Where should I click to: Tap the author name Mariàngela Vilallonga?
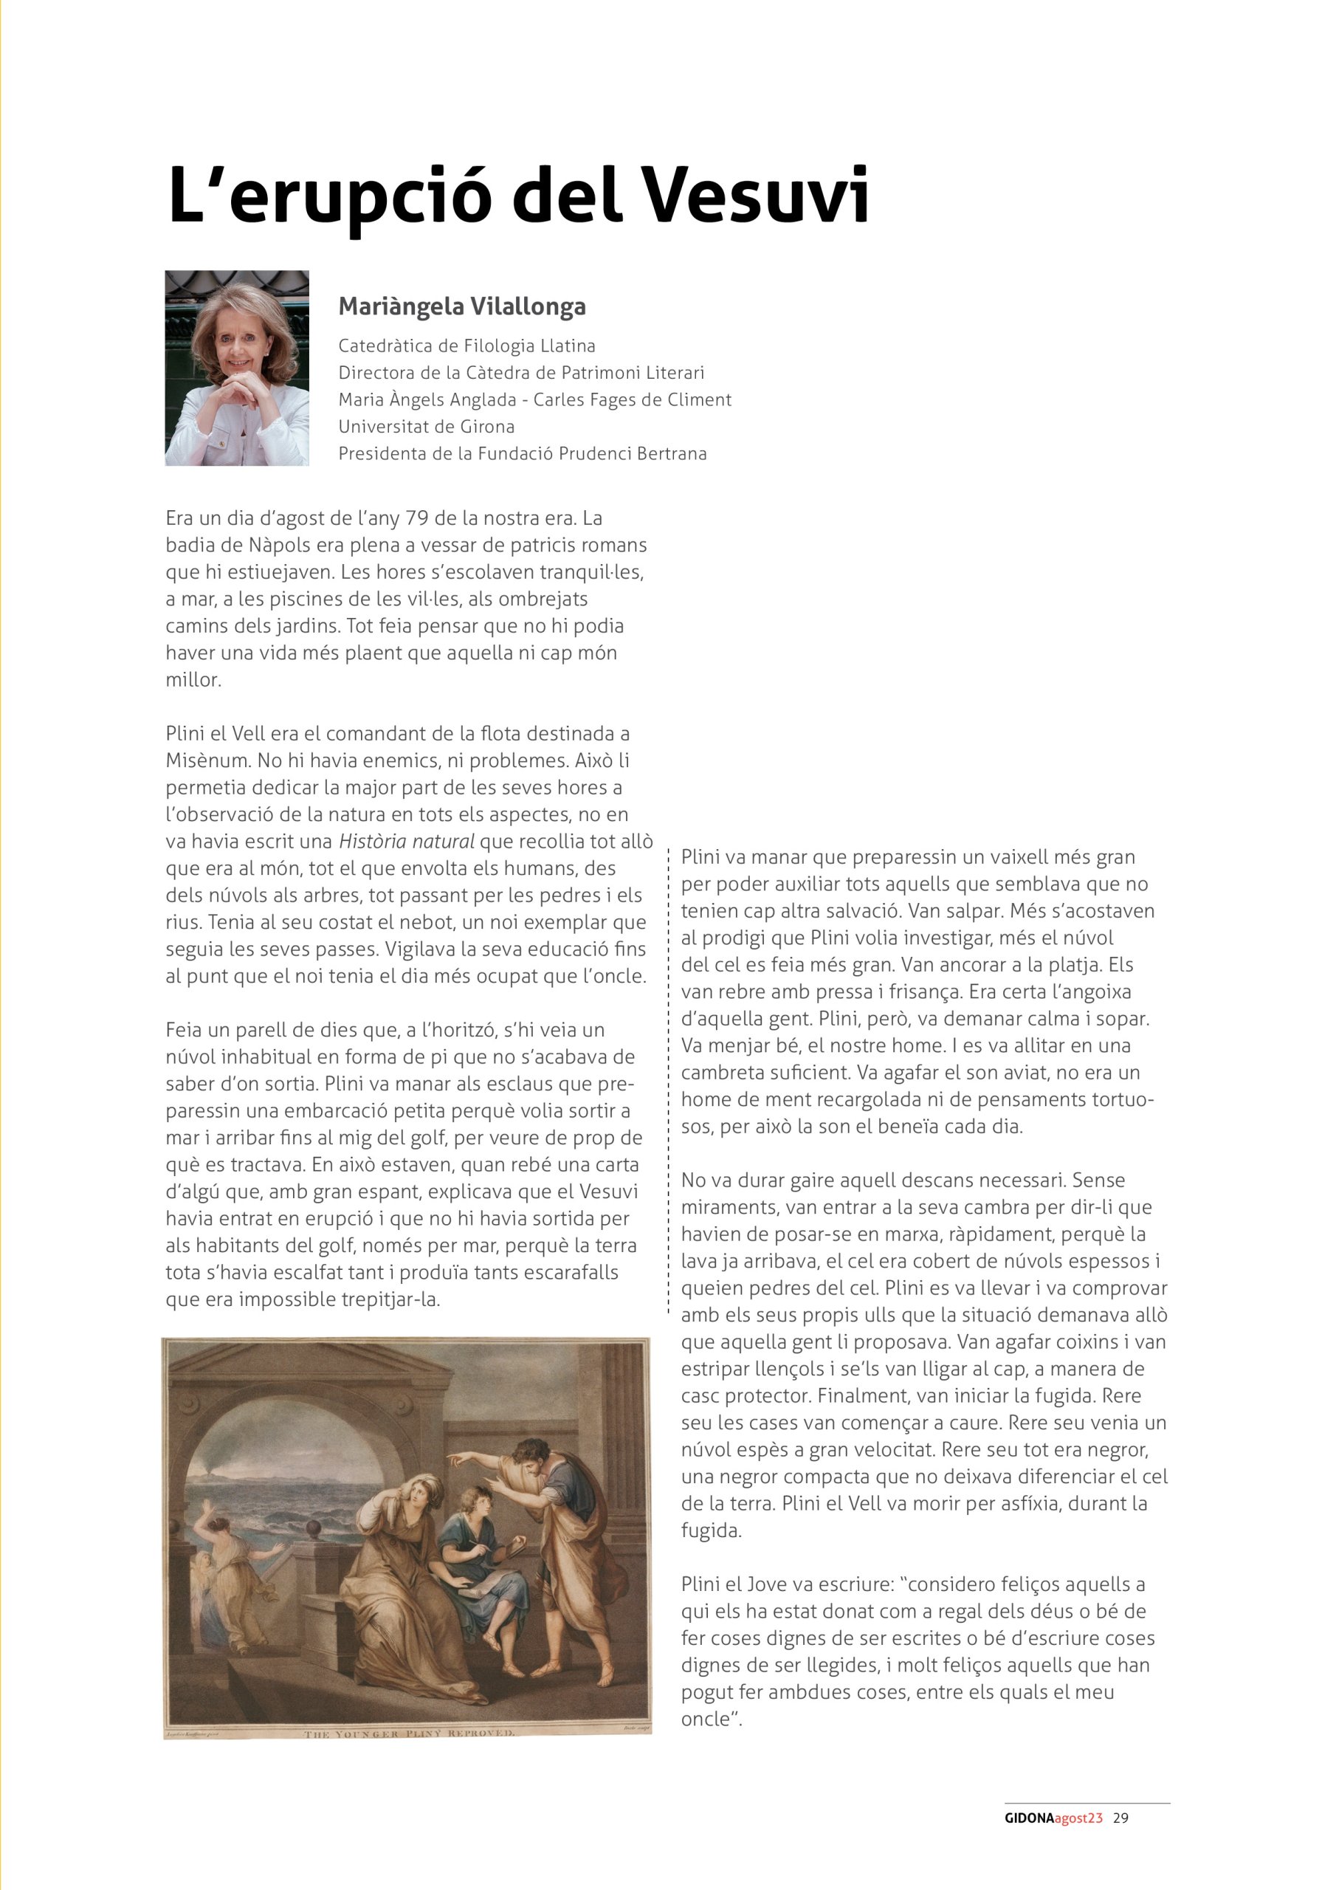(x=462, y=307)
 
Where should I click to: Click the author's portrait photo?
(x=237, y=368)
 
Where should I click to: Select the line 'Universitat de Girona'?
(x=427, y=427)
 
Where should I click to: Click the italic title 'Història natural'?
(x=407, y=842)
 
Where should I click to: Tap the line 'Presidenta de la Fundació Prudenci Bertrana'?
(x=522, y=453)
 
